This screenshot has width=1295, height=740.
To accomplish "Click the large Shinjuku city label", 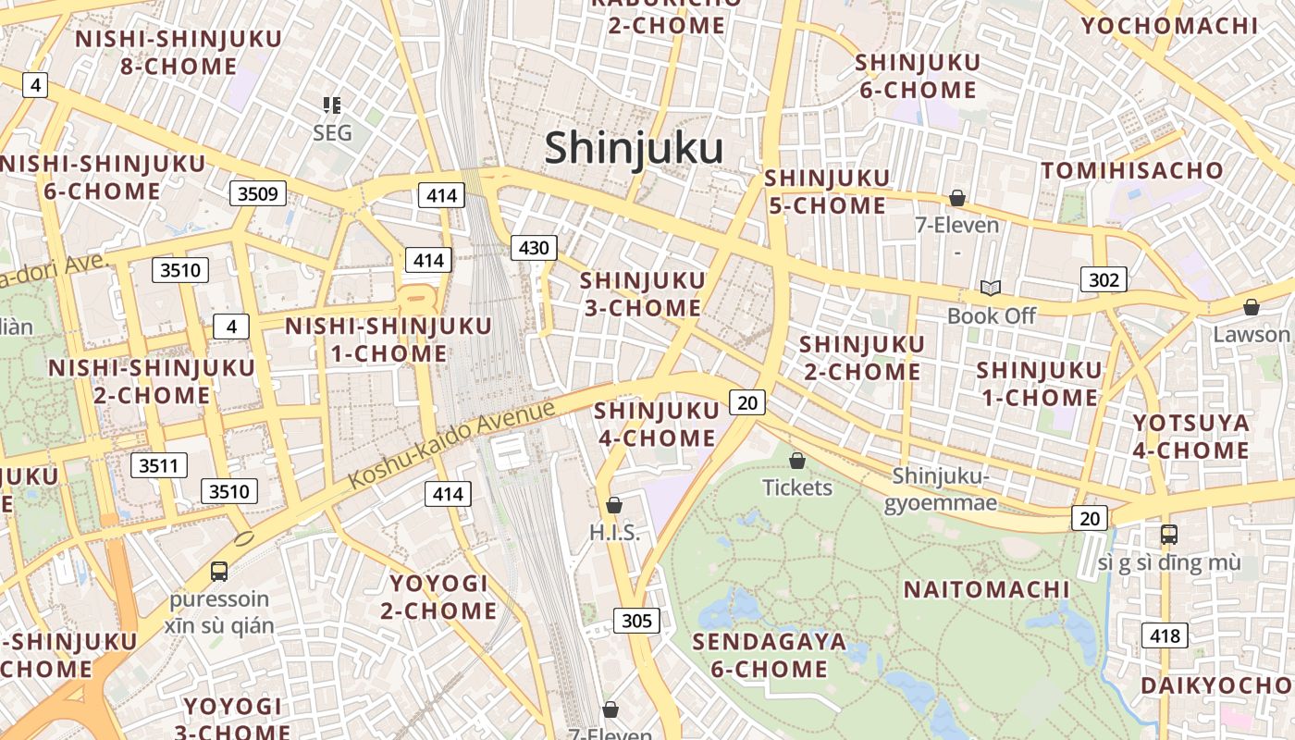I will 634,148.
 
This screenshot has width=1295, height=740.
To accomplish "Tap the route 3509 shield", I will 258,193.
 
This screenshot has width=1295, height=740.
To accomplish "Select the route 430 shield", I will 534,247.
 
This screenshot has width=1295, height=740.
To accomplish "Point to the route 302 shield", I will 1104,279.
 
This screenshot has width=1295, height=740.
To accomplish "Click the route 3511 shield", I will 158,465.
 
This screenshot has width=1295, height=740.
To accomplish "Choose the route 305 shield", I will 636,621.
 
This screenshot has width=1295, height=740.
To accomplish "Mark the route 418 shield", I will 1165,635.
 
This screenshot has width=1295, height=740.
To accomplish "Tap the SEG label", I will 332,133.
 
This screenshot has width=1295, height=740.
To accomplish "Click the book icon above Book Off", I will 991,289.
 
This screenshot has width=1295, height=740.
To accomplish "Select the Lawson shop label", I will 1251,334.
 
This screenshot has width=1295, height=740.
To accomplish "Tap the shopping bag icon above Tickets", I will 796,460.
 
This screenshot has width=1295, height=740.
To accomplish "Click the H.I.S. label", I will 614,533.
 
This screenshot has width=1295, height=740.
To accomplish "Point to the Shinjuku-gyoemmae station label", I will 941,489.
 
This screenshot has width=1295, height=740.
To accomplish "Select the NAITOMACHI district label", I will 986,589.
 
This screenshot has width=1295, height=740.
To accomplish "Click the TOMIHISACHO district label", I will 1132,170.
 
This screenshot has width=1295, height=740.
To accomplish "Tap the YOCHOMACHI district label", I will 1170,25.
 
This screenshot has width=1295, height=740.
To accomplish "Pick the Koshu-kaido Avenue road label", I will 452,446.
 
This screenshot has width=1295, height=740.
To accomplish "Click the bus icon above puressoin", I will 219,571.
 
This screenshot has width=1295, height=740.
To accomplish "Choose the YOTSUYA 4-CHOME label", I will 1191,437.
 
